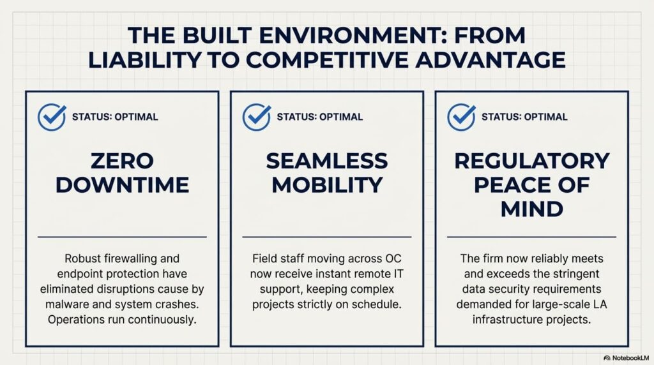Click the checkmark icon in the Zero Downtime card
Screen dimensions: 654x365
coord(52,117)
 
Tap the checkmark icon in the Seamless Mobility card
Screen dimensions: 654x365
coord(257,117)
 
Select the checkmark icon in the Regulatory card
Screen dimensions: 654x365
coord(461,117)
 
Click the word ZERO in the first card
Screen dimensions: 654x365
coord(122,161)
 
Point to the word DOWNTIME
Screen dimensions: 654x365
coord(122,185)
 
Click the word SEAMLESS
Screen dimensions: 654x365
coord(327,161)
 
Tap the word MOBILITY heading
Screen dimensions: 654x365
coord(327,185)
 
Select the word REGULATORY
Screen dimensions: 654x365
coord(532,161)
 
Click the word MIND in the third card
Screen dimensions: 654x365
coord(532,209)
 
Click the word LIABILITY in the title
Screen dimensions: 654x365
coord(144,60)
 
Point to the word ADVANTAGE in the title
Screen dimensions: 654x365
coord(490,60)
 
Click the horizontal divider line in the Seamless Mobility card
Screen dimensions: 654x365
coord(327,237)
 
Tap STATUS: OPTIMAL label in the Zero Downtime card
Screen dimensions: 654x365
coord(115,117)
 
